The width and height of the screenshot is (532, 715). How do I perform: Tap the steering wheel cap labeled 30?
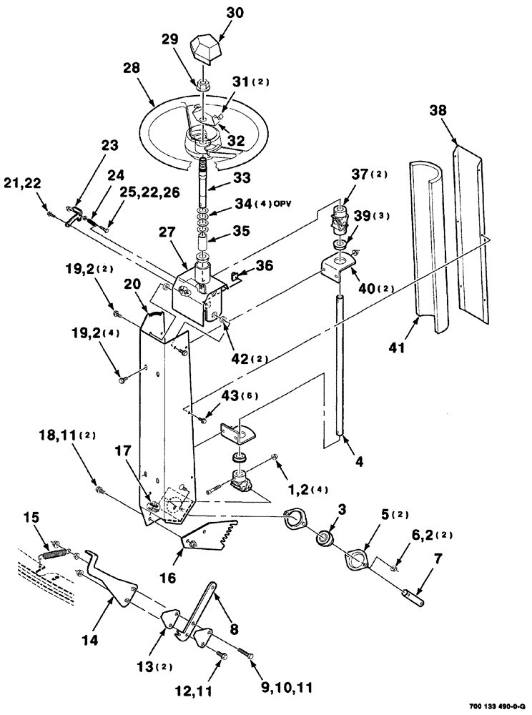(206, 51)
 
